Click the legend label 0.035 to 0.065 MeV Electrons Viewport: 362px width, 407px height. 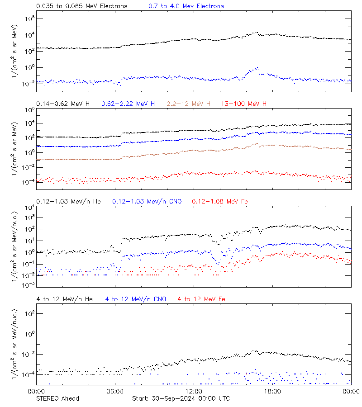pos(81,6)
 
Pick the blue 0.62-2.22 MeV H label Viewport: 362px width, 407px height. pos(128,104)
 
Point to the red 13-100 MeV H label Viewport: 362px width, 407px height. pos(243,104)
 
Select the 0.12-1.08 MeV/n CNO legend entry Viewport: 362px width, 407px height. pos(147,201)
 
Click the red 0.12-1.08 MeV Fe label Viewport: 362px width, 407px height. pos(220,201)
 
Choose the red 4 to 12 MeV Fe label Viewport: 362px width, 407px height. pos(201,299)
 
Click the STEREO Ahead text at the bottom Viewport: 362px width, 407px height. pos(57,398)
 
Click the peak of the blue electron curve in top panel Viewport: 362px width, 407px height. pos(257,68)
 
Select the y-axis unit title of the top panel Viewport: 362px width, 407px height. pos(15,50)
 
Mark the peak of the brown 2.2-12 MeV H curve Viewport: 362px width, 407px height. pos(257,143)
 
